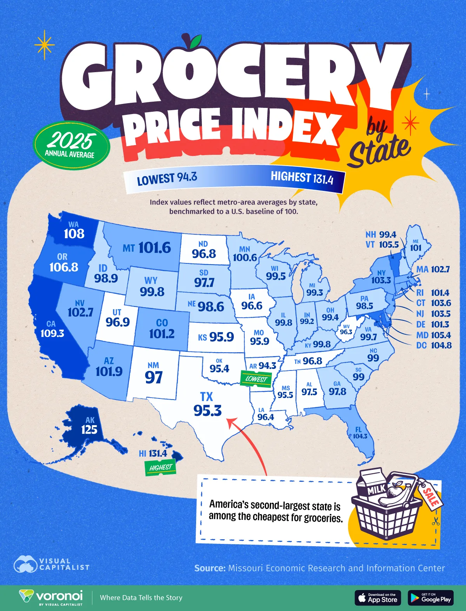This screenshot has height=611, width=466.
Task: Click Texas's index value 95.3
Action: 207,410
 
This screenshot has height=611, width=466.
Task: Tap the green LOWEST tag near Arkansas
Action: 256,379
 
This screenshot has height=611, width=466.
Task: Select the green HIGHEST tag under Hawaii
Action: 160,467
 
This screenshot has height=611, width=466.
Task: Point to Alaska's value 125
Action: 89,429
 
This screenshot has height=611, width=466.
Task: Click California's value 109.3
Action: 52,333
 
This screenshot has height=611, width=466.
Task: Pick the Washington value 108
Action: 74,234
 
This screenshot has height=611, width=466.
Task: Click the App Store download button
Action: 378,598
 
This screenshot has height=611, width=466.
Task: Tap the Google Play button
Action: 431,598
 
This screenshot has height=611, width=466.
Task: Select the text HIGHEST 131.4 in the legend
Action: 302,178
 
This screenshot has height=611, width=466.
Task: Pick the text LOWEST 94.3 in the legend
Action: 167,179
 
